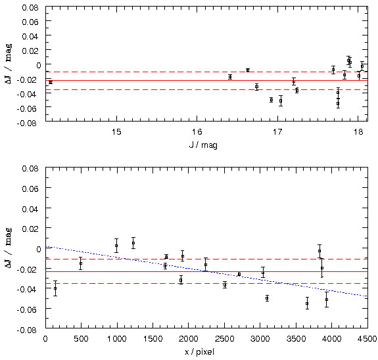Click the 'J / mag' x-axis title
(x=203, y=145)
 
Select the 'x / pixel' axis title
(x=199, y=352)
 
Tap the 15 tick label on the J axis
(x=116, y=132)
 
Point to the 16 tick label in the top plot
(x=197, y=132)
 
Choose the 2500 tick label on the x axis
(x=224, y=338)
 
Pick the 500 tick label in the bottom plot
(x=81, y=338)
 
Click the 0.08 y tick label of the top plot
(x=30, y=7)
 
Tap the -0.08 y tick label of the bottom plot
(x=28, y=330)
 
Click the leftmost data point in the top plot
(x=51, y=82)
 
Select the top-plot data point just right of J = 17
(x=281, y=101)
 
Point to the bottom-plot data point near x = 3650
(x=307, y=304)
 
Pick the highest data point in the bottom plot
(x=133, y=243)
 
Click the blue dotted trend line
(x=206, y=271)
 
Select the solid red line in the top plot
(x=206, y=80)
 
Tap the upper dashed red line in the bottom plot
(x=206, y=259)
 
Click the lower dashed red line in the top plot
(x=206, y=89)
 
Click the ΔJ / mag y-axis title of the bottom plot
(x=9, y=248)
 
